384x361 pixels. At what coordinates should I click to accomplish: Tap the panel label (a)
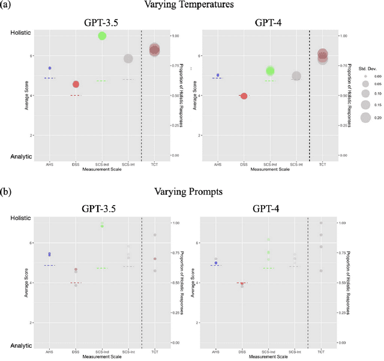coord(8,5)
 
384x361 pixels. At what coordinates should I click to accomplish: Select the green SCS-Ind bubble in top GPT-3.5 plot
coord(102,36)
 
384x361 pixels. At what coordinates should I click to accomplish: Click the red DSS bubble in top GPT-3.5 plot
coord(76,85)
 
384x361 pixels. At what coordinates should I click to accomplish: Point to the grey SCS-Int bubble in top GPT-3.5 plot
coord(128,58)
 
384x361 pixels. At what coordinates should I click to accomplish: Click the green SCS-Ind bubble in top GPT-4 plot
coord(270,71)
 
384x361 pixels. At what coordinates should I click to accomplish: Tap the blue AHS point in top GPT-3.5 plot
coord(50,68)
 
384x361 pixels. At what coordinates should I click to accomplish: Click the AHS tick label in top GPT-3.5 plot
coord(50,164)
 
